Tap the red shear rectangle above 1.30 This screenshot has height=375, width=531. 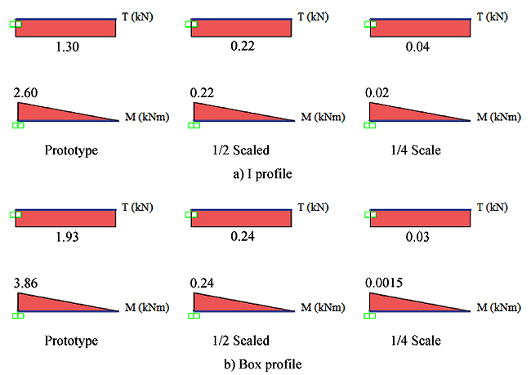click(66, 28)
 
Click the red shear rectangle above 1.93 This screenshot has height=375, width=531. click(66, 218)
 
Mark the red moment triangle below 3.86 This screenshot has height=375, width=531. click(49, 302)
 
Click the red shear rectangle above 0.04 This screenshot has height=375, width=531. click(421, 28)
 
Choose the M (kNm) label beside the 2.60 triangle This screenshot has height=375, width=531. click(146, 118)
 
